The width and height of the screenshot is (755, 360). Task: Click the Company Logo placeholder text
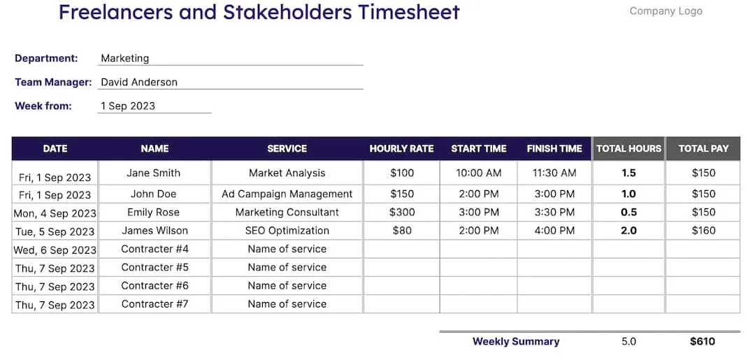point(666,11)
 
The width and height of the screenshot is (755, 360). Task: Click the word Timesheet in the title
point(408,12)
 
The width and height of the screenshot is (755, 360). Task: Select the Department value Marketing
point(124,59)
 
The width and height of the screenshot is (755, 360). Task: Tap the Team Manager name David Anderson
point(139,82)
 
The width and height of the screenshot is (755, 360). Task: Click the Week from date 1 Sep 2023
point(128,106)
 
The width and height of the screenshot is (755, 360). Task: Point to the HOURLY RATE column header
point(401,148)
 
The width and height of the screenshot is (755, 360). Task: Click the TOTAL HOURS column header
point(628,148)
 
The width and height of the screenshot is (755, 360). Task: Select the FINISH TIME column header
point(554,148)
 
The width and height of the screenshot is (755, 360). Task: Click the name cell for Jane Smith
point(154,173)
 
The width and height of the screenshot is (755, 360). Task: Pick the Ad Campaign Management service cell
point(287,194)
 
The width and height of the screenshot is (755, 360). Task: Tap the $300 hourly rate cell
point(402,212)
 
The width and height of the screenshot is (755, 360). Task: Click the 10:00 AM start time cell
point(479,173)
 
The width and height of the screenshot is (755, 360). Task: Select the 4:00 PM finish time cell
point(554,230)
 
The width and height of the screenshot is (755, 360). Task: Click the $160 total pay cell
point(703,230)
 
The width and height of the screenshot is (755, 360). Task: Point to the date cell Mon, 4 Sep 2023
point(55,213)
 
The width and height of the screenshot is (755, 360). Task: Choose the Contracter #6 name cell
point(154,285)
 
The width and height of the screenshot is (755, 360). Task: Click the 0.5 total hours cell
point(628,212)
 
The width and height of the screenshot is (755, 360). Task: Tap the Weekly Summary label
point(516,341)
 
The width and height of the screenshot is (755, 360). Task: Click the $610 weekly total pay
point(703,341)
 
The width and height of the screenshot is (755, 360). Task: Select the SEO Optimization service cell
point(287,230)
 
